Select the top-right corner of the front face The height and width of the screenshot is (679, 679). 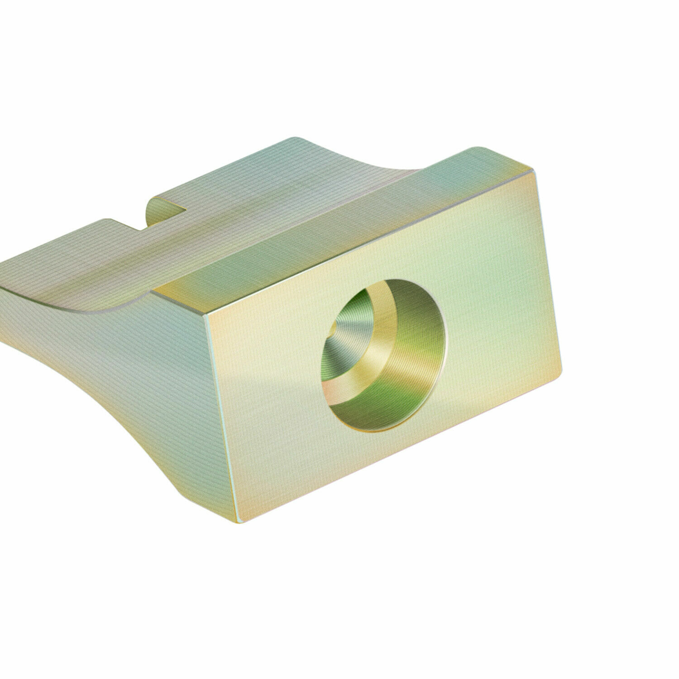(535, 169)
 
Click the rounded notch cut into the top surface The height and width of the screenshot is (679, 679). (165, 213)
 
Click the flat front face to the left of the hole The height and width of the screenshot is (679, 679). (272, 385)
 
